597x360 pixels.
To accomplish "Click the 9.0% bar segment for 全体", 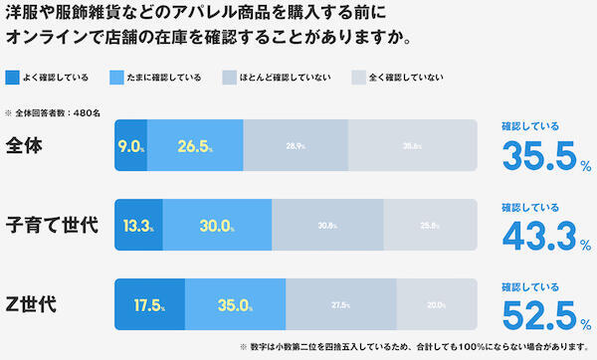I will pos(131,147).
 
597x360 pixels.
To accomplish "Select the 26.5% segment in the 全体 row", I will pos(195,147).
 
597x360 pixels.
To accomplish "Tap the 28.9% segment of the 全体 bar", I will pos(296,147).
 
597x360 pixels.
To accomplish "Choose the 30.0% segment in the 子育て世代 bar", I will pos(217,225).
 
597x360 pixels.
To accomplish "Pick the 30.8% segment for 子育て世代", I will pos(327,225).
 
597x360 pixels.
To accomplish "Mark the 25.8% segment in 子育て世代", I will pos(431,225).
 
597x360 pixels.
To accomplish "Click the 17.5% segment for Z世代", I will pos(148,303).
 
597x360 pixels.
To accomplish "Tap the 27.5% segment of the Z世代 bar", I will pos(340,303).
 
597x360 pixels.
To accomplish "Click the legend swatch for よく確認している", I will pos(12,77).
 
